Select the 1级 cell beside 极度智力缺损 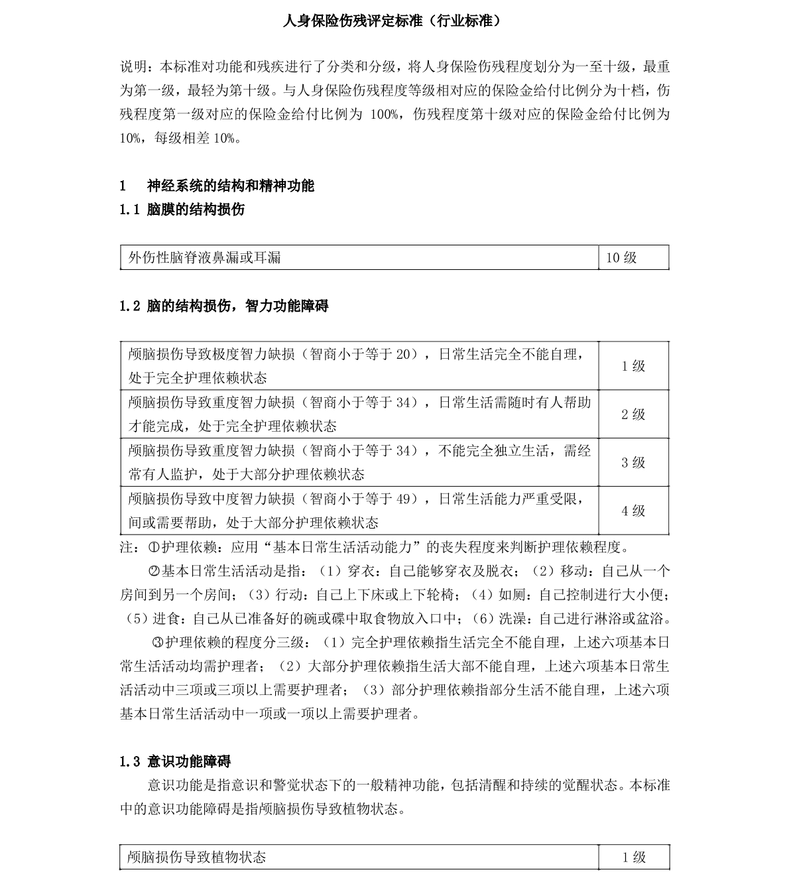[633, 366]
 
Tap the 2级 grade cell [633, 414]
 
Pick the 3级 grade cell [633, 463]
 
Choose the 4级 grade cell [633, 511]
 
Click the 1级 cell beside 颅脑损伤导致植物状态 [633, 857]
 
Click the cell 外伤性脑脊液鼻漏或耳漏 [205, 257]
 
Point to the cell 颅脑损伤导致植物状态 [197, 857]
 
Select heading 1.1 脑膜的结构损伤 [182, 210]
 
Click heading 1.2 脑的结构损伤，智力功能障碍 [224, 306]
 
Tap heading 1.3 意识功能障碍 [176, 761]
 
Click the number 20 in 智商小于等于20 [402, 354]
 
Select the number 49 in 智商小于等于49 [402, 499]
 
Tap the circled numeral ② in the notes [154, 572]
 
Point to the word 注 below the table [126, 548]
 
